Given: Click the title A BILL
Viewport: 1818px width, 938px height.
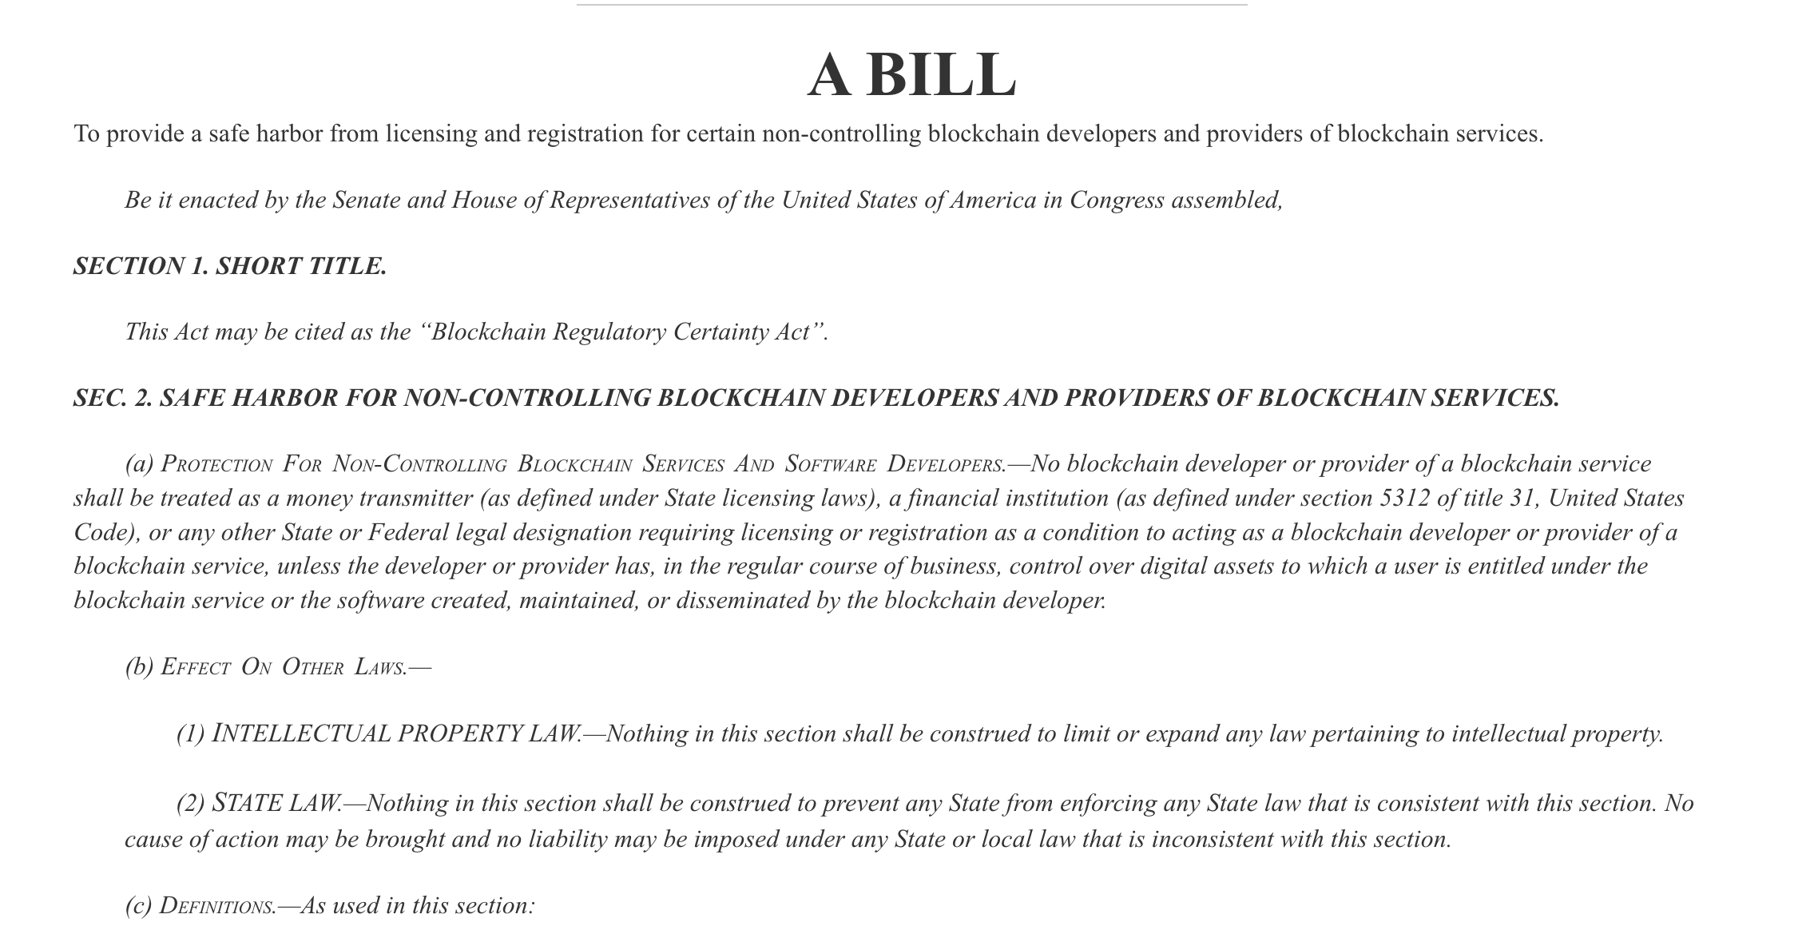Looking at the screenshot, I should pos(911,75).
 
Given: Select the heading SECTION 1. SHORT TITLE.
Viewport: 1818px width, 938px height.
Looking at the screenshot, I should pos(230,266).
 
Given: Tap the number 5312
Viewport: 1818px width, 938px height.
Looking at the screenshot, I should pos(1404,498).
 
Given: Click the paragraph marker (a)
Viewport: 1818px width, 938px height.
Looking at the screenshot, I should pos(139,464).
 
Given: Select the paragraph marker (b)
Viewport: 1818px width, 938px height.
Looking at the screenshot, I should pos(139,666).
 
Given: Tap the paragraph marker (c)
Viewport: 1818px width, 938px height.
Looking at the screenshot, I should pos(138,905).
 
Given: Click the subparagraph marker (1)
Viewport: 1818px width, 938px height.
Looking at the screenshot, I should pos(191,733).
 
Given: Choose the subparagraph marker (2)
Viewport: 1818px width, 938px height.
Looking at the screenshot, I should pos(191,803).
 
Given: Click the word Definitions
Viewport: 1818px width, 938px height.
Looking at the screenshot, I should pos(216,905).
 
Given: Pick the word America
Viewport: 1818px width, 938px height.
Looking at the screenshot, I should pos(993,200).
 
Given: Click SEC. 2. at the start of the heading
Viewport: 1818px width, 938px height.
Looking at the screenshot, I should pos(113,398).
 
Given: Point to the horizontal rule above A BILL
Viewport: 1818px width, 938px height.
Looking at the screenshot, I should pos(911,5).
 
